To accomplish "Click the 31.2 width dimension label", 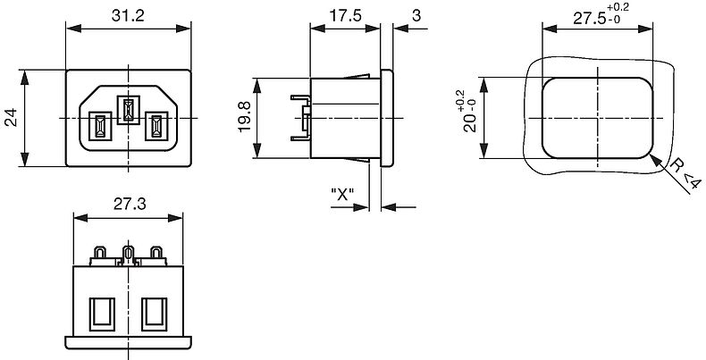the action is (x=128, y=16).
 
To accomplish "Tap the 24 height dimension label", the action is (x=11, y=117).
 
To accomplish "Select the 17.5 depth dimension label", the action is (x=345, y=16).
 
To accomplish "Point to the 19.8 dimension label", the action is (x=245, y=117).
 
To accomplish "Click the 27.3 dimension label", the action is (x=130, y=205).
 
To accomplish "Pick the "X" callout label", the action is (x=342, y=195).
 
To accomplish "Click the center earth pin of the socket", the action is (x=129, y=110).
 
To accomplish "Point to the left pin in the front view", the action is (x=100, y=126).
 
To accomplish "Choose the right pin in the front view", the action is (x=156, y=126).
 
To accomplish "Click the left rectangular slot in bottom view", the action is (x=102, y=314).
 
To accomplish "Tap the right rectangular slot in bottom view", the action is (x=155, y=314).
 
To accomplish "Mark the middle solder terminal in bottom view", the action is (x=129, y=255).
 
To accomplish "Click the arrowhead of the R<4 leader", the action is (x=655, y=160).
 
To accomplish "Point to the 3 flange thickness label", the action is (x=416, y=16).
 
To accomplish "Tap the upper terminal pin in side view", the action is (x=300, y=97).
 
